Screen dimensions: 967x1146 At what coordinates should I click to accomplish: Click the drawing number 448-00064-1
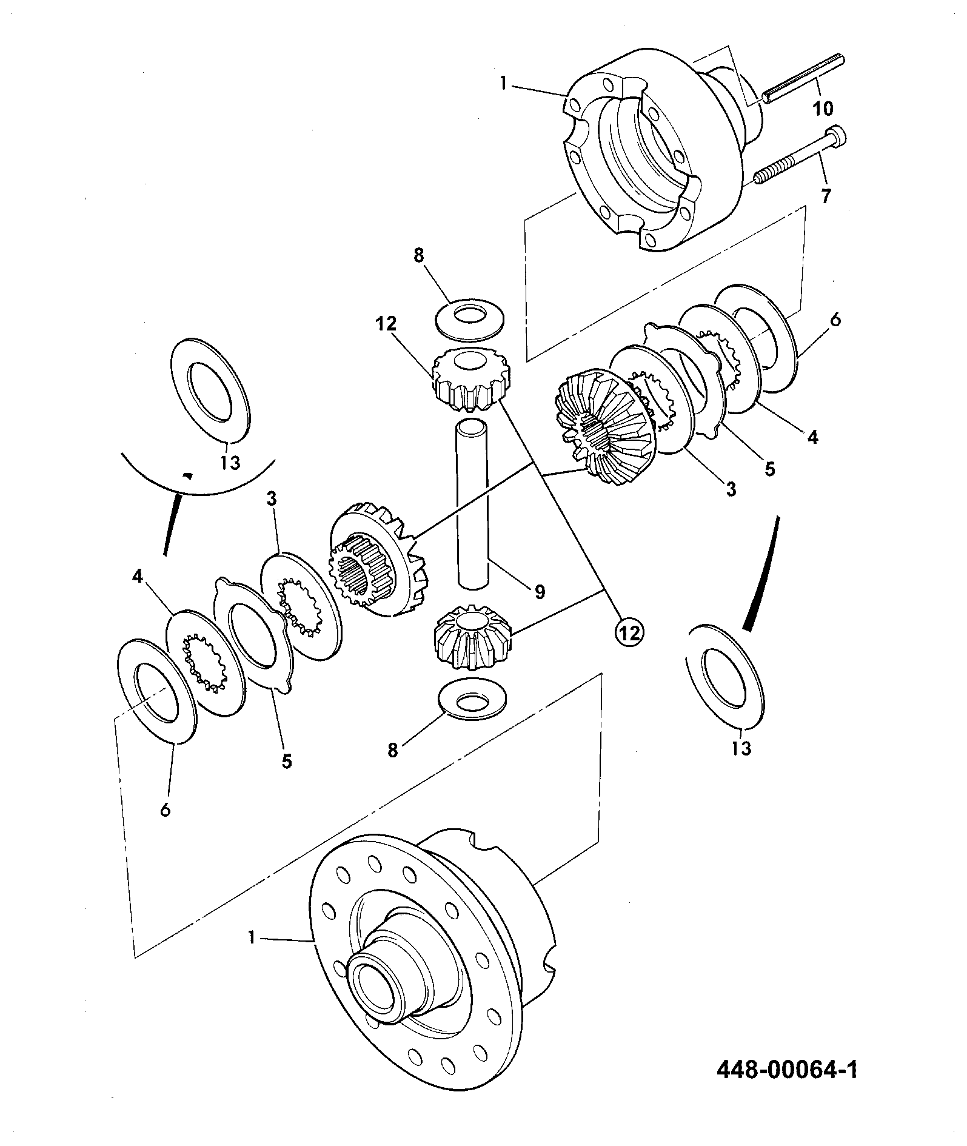(x=788, y=1070)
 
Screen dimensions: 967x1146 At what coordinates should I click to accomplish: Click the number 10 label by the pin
(x=822, y=109)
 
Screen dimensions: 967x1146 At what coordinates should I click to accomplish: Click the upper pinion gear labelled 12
(x=469, y=378)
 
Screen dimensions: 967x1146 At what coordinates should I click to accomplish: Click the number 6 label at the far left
(x=166, y=809)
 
